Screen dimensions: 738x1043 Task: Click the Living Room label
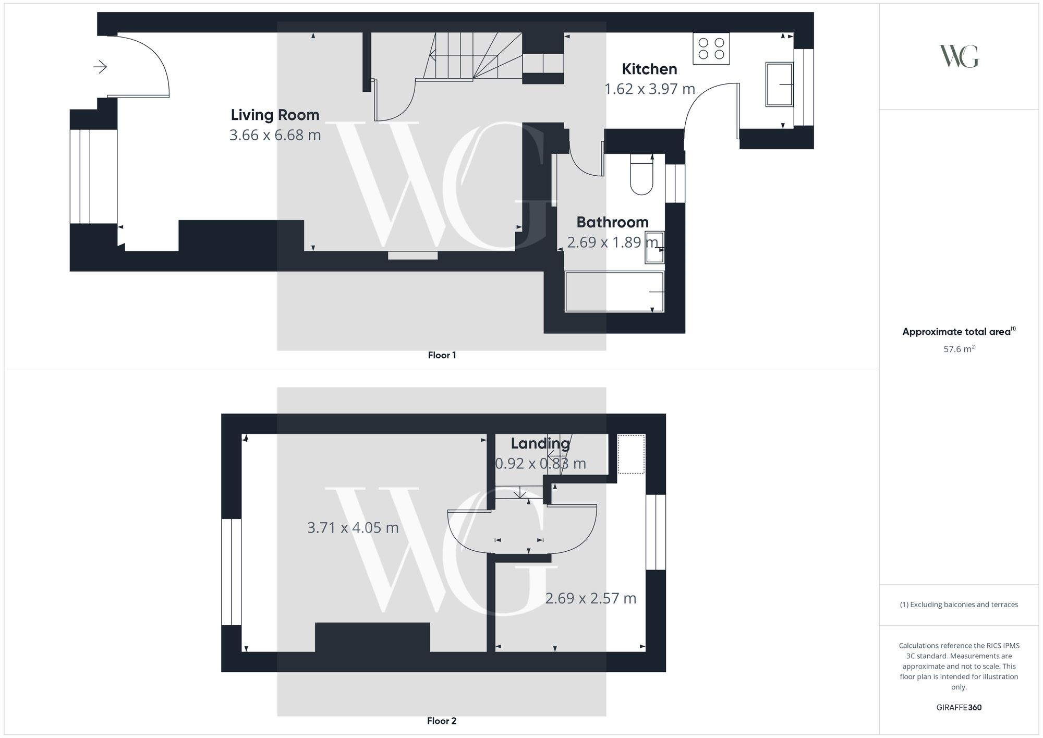pos(275,115)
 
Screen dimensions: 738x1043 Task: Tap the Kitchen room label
pos(649,69)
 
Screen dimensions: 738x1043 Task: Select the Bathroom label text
pos(612,222)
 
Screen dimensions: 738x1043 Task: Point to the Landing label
pos(540,443)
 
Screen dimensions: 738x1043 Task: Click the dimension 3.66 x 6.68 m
pos(275,135)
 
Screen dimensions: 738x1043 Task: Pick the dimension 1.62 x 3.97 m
pos(649,89)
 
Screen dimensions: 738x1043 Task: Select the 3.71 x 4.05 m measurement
pos(353,528)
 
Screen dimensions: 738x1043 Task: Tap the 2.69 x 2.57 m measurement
pos(590,598)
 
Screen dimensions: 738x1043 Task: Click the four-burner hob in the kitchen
pos(711,49)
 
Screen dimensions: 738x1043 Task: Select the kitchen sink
pos(779,84)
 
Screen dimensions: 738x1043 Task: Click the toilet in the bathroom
pos(641,174)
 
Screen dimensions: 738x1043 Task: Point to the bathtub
pos(614,292)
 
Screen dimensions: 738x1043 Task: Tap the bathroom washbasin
pos(654,247)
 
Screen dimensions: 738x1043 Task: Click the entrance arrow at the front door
pos(100,67)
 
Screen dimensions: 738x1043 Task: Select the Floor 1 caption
pos(442,355)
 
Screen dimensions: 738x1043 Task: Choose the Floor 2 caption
pos(441,721)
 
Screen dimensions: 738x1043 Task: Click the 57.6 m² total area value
pos(959,349)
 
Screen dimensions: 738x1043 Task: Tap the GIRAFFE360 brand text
pos(959,707)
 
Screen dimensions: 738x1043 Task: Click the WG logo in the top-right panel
pos(959,56)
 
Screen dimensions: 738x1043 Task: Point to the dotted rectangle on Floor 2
pos(631,454)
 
